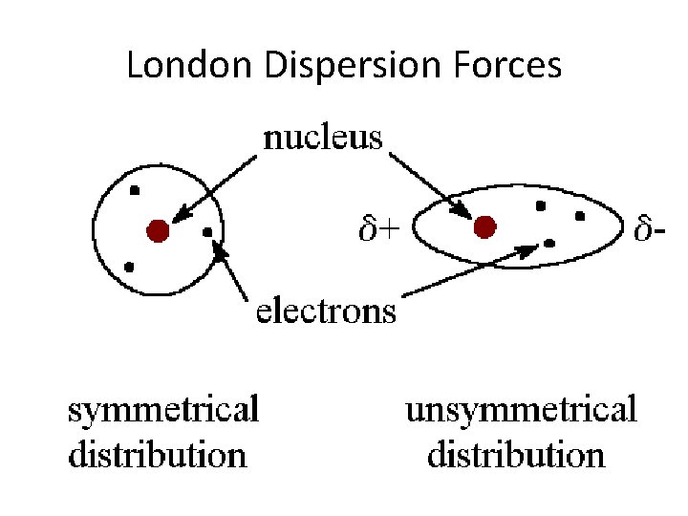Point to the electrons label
pyautogui.click(x=325, y=311)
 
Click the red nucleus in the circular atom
pyautogui.click(x=158, y=230)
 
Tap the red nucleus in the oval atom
pyautogui.click(x=485, y=226)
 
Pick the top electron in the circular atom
pyautogui.click(x=135, y=191)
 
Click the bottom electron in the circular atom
pyautogui.click(x=129, y=267)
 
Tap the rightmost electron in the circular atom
pyautogui.click(x=207, y=231)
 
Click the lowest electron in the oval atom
pyautogui.click(x=549, y=243)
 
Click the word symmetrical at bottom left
pyautogui.click(x=163, y=410)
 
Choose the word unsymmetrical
pyautogui.click(x=521, y=410)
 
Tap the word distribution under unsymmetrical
pyautogui.click(x=516, y=454)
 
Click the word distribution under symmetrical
pyautogui.click(x=158, y=454)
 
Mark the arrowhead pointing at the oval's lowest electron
pyautogui.click(x=529, y=248)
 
